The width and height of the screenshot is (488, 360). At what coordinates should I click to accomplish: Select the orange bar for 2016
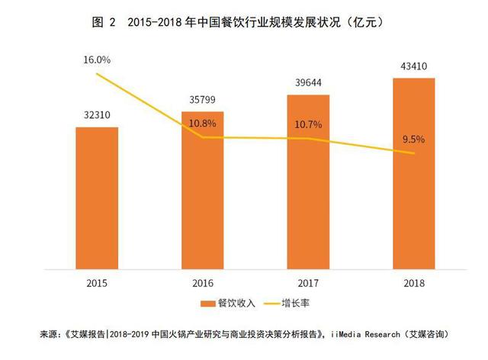point(202,191)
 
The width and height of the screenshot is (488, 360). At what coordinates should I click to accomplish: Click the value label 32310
point(96,116)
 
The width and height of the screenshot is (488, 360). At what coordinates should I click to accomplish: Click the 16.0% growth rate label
point(97,59)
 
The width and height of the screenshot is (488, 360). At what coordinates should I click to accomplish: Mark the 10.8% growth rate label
point(202,124)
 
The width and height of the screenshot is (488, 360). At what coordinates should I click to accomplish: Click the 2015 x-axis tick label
point(97,283)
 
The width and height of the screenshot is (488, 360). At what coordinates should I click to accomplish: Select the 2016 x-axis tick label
point(202,283)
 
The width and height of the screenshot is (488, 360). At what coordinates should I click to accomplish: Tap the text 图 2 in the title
point(104,22)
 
